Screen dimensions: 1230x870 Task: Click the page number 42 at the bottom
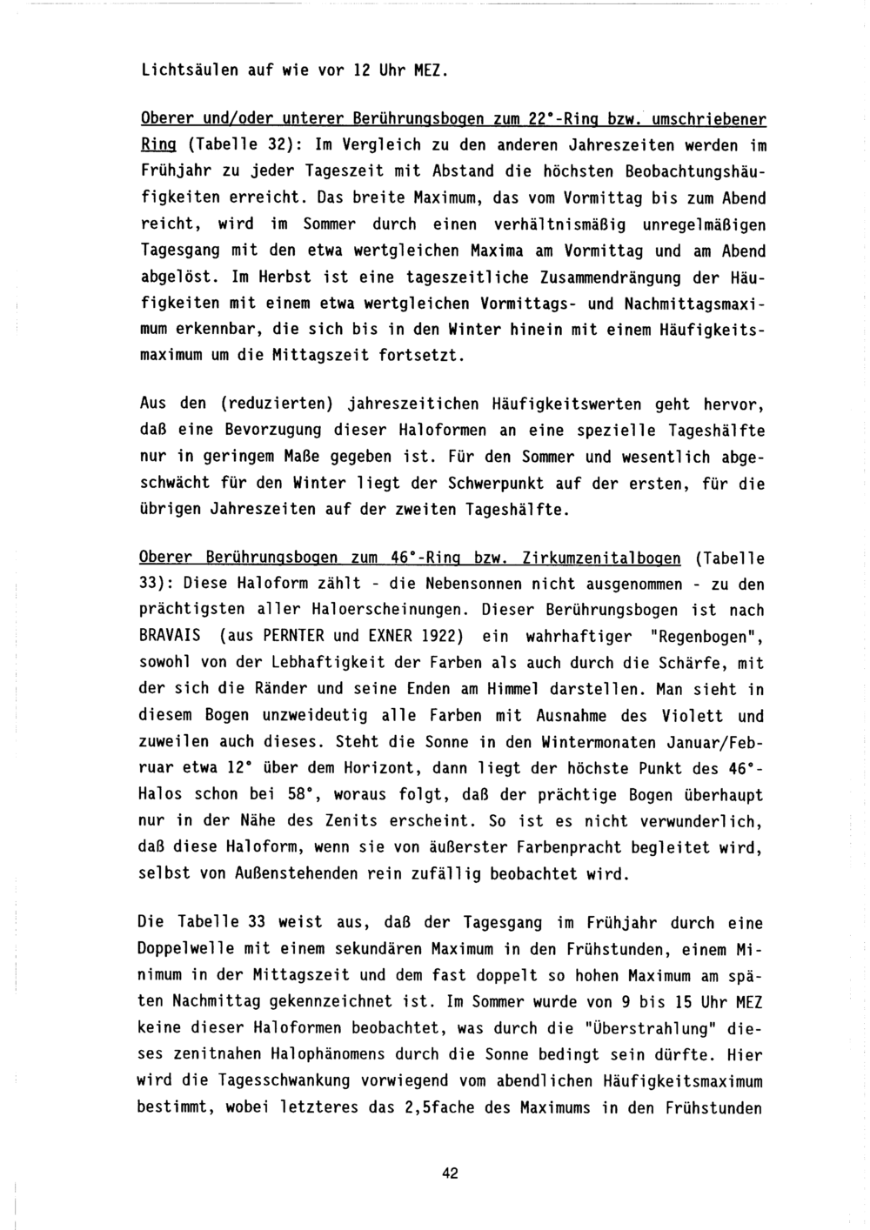(450, 1173)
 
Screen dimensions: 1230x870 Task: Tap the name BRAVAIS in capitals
(171, 636)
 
